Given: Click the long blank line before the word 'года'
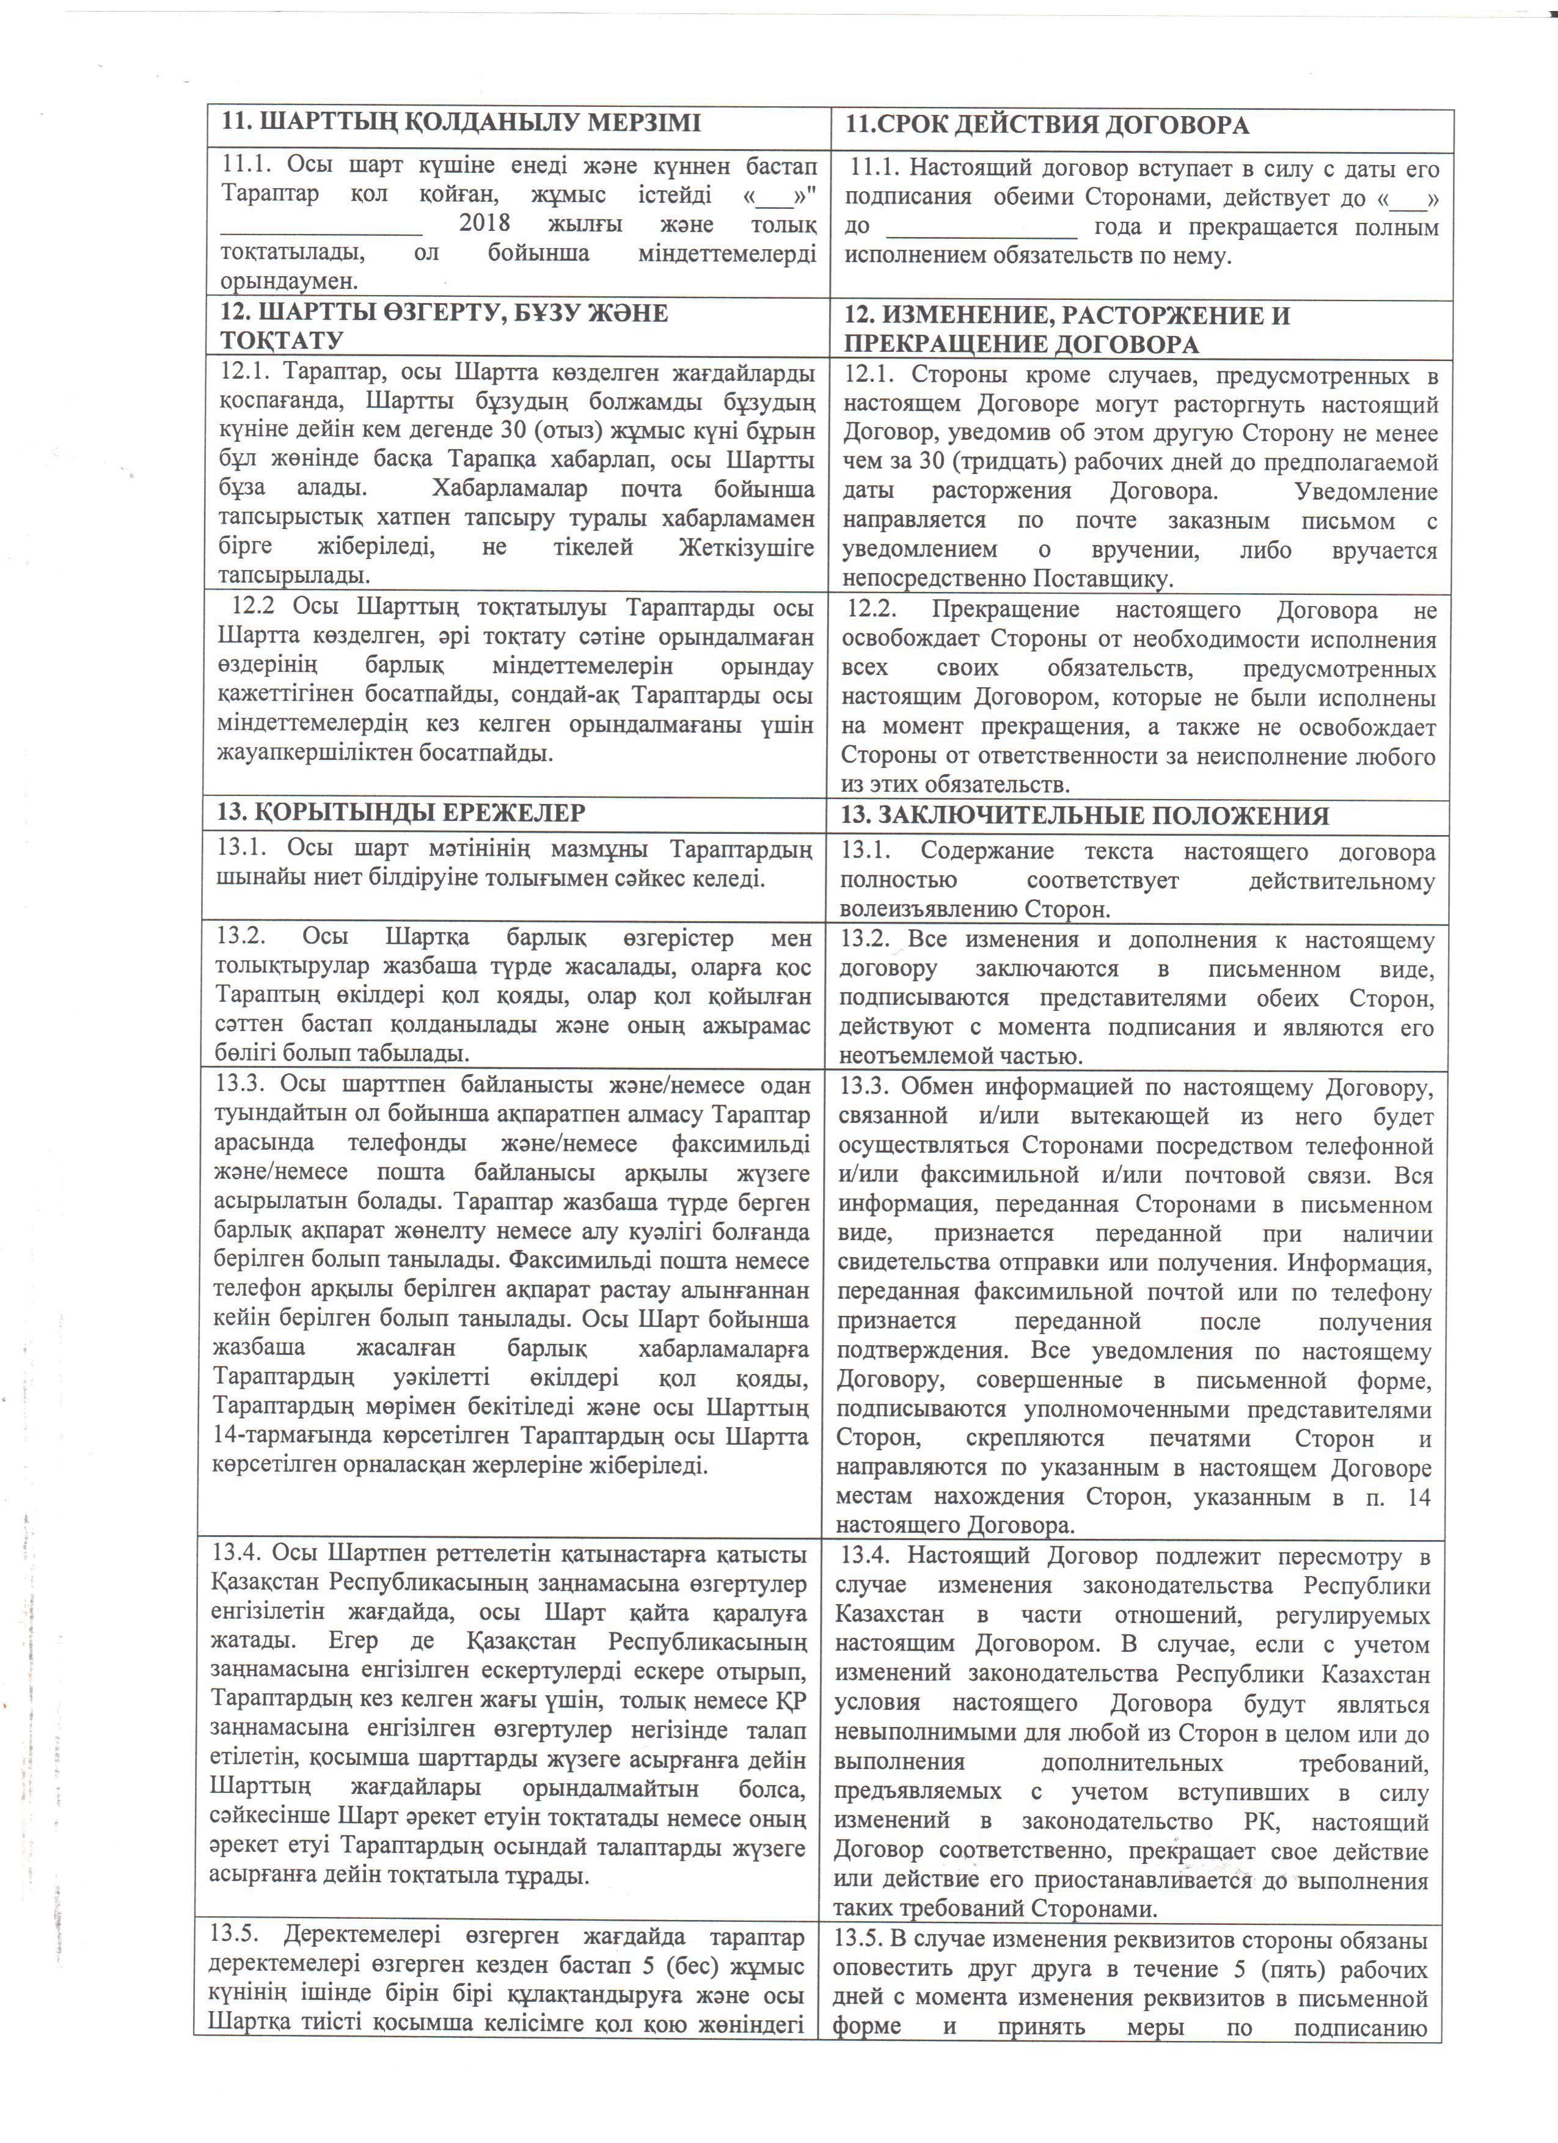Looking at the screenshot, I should click(982, 228).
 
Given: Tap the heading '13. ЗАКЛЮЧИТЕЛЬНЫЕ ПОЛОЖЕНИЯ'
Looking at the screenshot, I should click(1086, 816).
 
